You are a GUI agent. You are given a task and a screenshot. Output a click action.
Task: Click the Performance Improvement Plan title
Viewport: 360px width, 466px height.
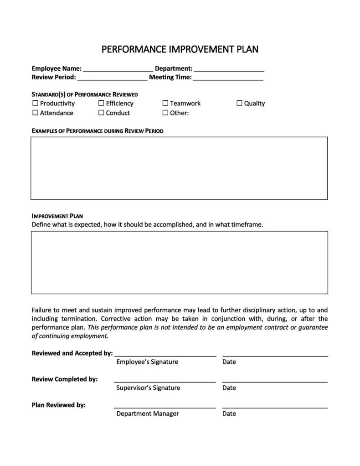[180, 49]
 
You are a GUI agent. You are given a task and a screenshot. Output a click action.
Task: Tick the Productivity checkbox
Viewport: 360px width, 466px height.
[35, 103]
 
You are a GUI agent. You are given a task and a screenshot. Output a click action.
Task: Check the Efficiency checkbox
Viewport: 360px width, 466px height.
[101, 103]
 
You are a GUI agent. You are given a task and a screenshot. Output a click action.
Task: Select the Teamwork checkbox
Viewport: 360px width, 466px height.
[165, 103]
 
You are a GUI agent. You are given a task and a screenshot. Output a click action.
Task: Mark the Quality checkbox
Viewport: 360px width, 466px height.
[239, 103]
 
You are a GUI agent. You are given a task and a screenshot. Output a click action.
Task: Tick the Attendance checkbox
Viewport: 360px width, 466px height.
[35, 113]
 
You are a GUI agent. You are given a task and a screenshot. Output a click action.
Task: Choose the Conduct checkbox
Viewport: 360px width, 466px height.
[101, 113]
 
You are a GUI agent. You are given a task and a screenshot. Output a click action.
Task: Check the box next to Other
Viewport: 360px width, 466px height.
[165, 113]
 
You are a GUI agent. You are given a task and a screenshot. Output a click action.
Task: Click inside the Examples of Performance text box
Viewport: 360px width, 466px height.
[179, 168]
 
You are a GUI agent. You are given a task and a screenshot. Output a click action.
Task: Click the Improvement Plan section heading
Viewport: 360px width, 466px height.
[57, 216]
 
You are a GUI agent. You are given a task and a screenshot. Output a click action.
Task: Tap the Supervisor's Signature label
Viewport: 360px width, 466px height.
[148, 388]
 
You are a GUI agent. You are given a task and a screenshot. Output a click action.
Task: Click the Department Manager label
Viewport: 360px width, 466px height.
[148, 414]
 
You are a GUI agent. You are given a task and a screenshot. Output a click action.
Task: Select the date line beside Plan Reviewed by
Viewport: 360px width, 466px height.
[275, 407]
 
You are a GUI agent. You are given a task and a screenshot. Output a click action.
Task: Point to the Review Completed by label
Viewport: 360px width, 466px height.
[65, 379]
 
